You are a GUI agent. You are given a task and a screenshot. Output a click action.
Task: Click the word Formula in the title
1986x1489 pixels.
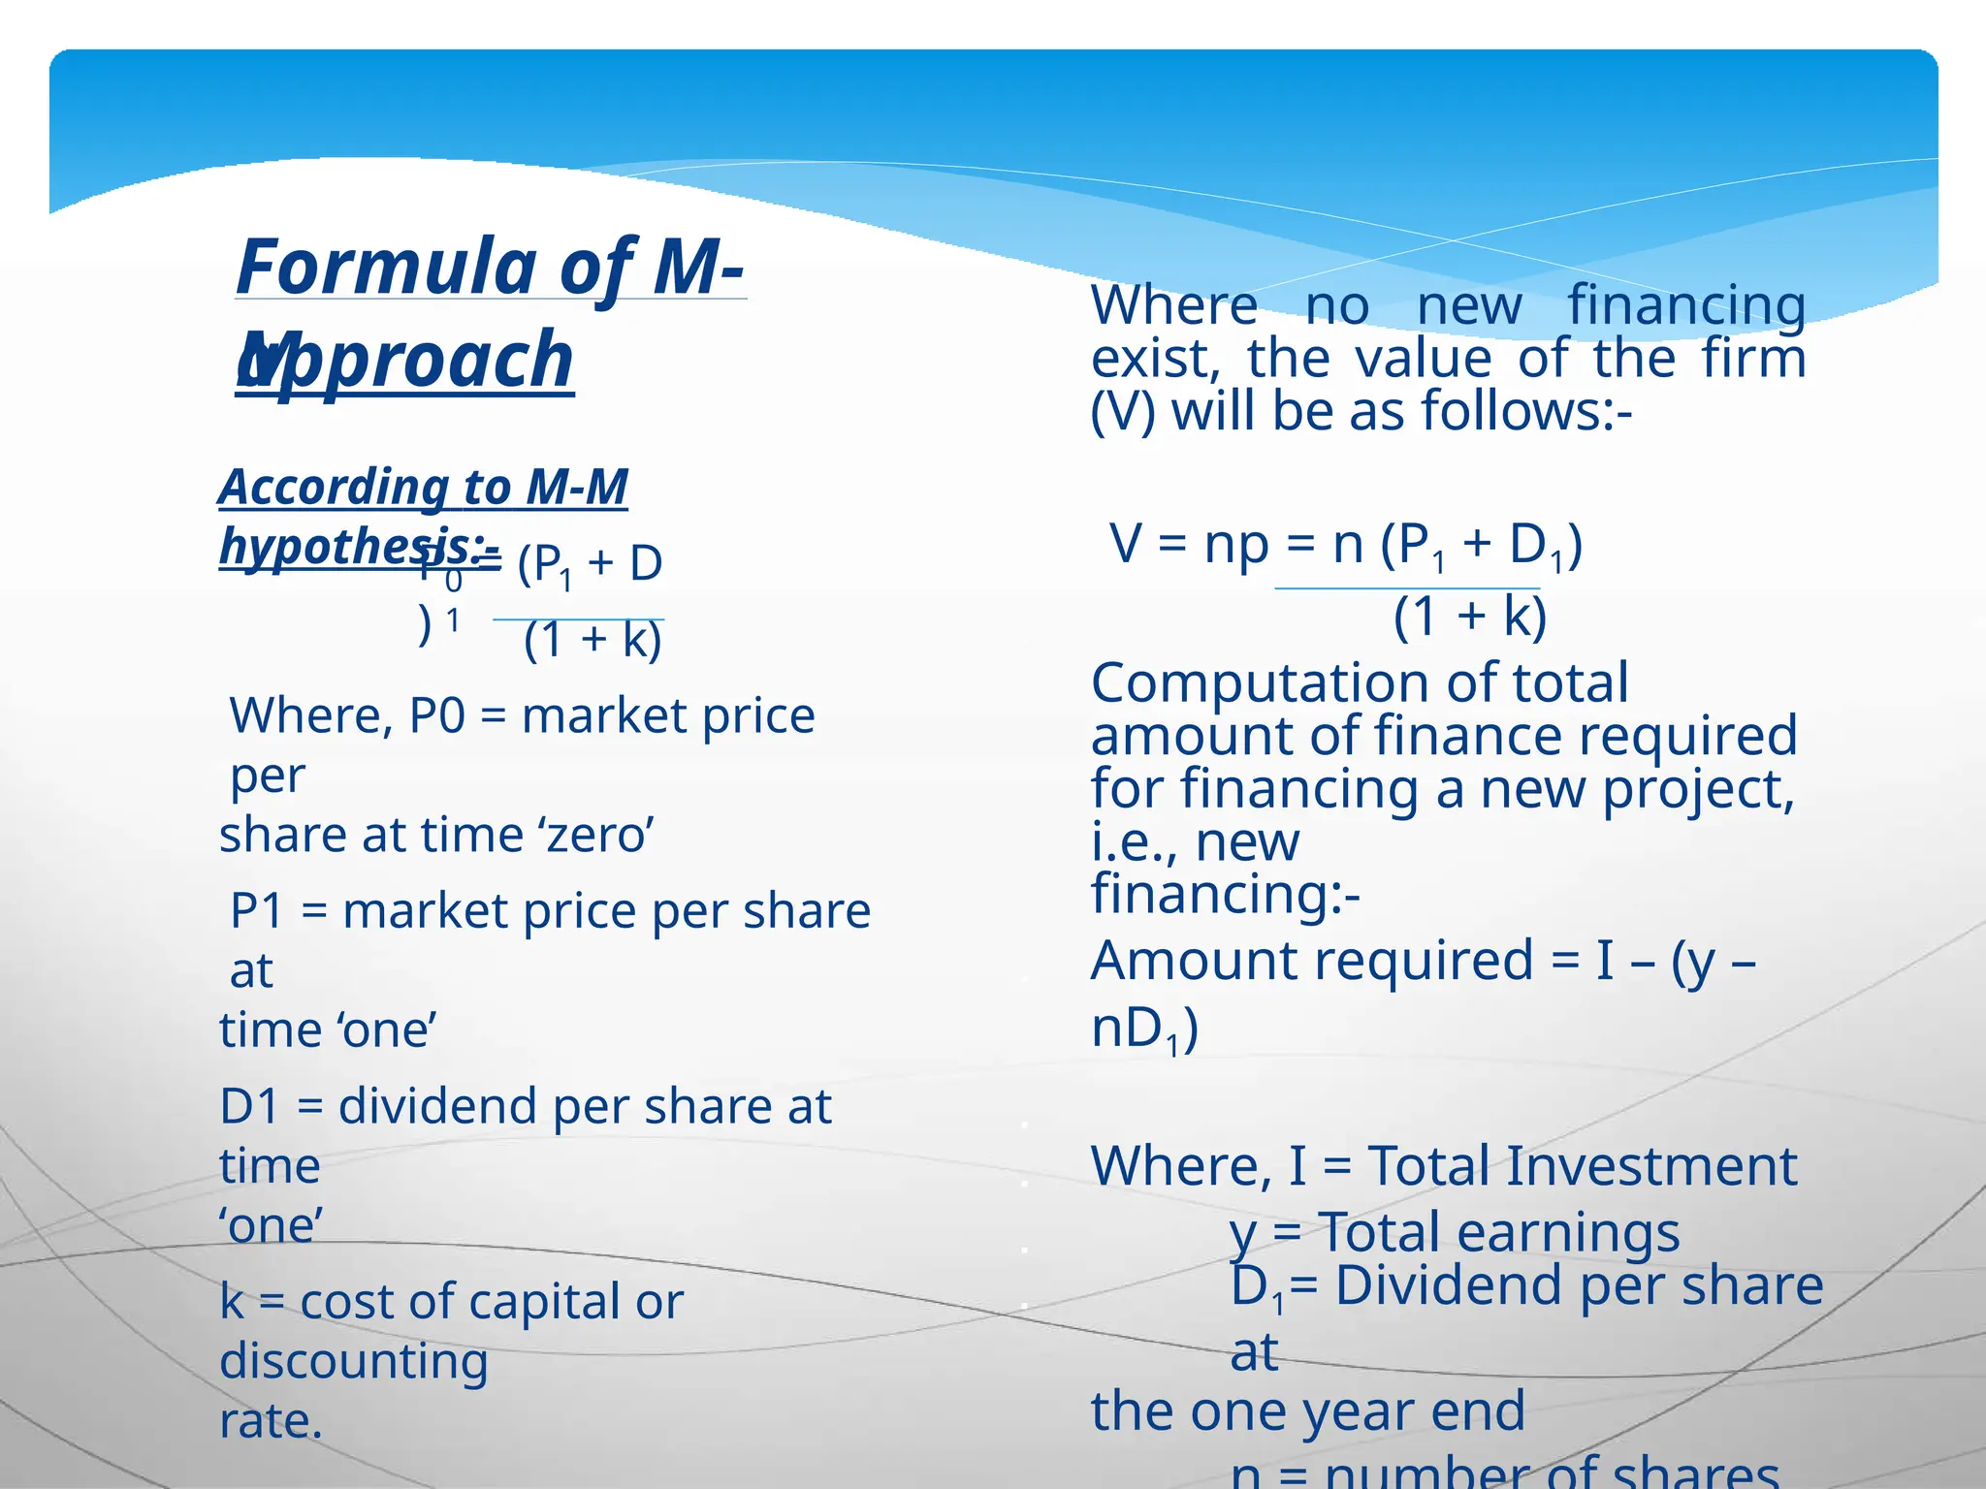tap(386, 268)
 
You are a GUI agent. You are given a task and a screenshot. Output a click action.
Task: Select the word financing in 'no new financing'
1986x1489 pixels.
tap(1686, 306)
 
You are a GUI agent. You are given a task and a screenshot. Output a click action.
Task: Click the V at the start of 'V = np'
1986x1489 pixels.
tap(1126, 544)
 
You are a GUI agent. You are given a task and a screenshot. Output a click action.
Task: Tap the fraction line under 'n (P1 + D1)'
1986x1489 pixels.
tap(1407, 588)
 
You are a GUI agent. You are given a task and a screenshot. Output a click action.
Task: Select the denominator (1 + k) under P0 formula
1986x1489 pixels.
tap(593, 640)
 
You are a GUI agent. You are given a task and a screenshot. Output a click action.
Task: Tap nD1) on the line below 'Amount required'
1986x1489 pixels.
tap(1144, 1030)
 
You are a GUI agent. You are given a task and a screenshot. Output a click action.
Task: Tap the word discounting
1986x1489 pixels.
tap(353, 1362)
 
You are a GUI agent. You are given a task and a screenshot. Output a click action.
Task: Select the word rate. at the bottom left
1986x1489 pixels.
tap(271, 1422)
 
